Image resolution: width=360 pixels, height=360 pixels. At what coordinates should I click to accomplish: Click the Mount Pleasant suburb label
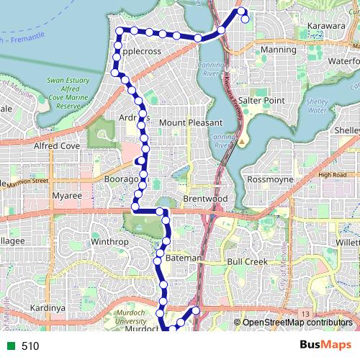pos(191,123)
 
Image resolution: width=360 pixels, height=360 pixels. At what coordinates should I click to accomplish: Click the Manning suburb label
pos(278,50)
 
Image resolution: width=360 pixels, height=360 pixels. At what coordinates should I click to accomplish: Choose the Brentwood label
pos(205,198)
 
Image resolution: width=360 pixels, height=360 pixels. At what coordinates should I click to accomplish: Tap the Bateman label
pos(184,257)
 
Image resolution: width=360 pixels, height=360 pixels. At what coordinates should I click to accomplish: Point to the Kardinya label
pos(48,308)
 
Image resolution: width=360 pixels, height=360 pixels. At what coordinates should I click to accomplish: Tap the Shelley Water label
pos(317,106)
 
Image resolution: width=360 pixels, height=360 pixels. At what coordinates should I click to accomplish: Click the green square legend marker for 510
pos(9,346)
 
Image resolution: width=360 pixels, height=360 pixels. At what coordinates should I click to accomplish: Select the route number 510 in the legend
pos(30,346)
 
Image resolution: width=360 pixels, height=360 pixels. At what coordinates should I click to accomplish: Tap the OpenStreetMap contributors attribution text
pos(297,323)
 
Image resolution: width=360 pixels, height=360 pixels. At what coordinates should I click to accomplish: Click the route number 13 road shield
pos(305,315)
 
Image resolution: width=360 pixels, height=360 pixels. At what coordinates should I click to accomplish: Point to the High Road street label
pos(332,175)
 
